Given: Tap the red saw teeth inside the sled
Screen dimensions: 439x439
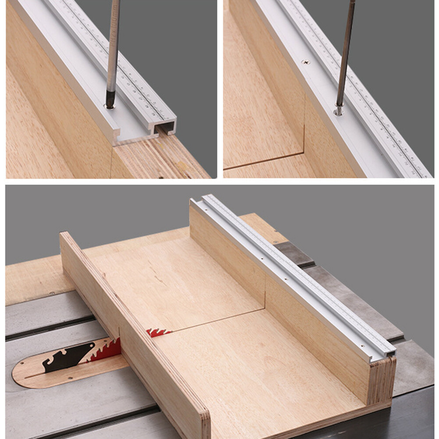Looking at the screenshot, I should point(158,332).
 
